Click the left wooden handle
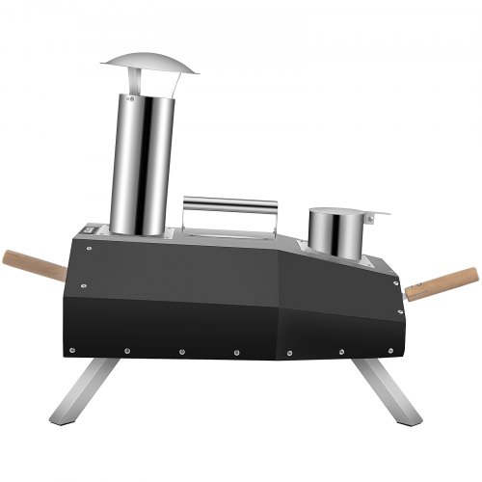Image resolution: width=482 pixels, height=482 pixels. (x=35, y=263)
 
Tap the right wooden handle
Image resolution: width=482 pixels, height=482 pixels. (x=442, y=283)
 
